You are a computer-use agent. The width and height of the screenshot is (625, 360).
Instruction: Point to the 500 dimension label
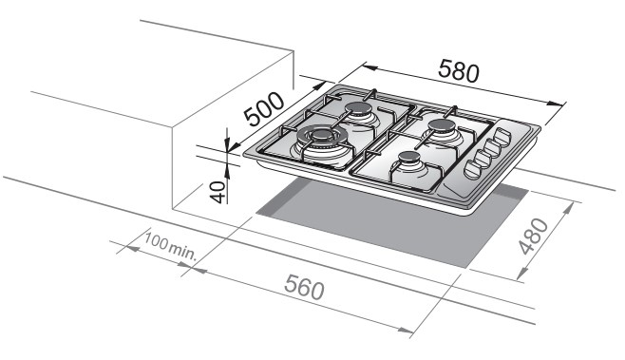click(x=264, y=109)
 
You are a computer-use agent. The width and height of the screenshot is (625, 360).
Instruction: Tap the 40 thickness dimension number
click(x=218, y=192)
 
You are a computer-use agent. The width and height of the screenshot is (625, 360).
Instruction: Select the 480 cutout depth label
click(x=535, y=236)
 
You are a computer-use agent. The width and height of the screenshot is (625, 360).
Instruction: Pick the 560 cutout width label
click(x=304, y=288)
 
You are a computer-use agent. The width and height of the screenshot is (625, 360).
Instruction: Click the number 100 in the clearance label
click(x=156, y=241)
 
